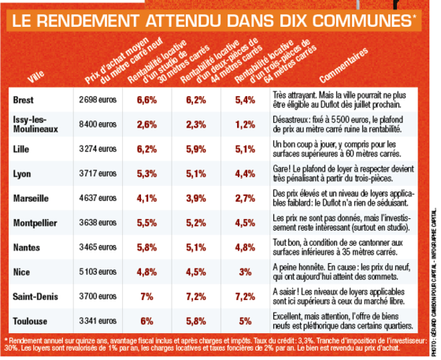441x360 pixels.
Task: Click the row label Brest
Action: [x=23, y=100]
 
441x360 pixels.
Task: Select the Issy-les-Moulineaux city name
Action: [x=35, y=124]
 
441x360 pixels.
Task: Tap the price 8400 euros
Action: [x=98, y=124]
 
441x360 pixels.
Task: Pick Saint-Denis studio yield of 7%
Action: [x=146, y=296]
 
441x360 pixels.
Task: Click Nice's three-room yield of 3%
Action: [x=245, y=272]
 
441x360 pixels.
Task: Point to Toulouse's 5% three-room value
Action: [x=245, y=321]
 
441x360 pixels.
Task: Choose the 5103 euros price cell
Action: [x=98, y=272]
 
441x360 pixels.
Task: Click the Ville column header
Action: [x=36, y=76]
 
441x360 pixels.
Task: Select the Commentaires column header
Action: [x=343, y=65]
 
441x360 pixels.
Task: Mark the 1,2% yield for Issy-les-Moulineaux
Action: [x=245, y=124]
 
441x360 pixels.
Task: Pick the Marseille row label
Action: [x=31, y=199]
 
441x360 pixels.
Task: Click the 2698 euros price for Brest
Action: [x=98, y=99]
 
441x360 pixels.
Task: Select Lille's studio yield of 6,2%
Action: [x=146, y=149]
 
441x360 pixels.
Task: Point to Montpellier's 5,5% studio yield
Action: [x=146, y=223]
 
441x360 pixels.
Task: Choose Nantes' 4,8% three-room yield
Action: [x=245, y=247]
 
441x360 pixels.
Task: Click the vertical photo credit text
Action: [x=434, y=282]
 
